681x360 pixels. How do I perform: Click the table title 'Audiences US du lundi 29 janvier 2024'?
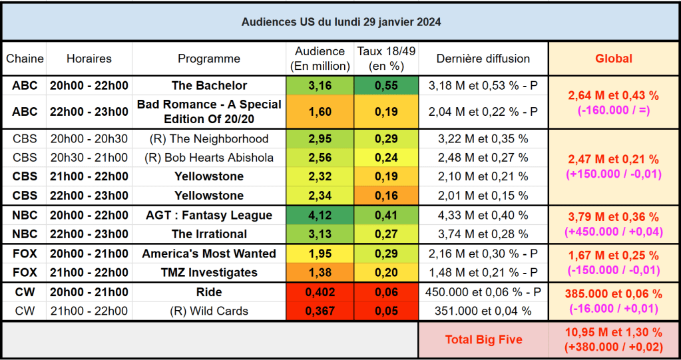click(x=340, y=21)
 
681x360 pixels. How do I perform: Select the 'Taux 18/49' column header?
click(x=386, y=59)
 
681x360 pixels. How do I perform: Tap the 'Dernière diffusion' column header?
click(x=483, y=59)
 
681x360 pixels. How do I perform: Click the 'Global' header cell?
click(x=613, y=59)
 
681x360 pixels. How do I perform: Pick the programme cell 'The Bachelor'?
click(x=209, y=85)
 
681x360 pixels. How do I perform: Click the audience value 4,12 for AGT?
click(x=320, y=215)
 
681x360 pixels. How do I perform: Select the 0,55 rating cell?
click(x=386, y=85)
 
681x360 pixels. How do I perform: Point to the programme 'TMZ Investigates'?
click(x=209, y=272)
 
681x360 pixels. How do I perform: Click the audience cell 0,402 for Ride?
click(x=320, y=292)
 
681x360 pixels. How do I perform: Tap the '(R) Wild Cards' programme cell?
click(x=209, y=311)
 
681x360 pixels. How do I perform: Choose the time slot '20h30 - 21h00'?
click(x=89, y=158)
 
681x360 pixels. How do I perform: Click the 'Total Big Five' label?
click(x=483, y=339)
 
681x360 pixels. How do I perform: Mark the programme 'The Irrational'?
click(x=209, y=234)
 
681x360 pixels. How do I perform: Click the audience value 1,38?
click(x=320, y=272)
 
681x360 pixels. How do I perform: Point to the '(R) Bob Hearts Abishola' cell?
click(x=209, y=158)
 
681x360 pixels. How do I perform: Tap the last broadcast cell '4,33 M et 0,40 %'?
click(x=483, y=215)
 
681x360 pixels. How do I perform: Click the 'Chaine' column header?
click(x=25, y=59)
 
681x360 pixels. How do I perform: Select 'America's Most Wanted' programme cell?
click(x=209, y=254)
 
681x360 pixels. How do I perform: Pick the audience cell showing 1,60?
click(x=320, y=112)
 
